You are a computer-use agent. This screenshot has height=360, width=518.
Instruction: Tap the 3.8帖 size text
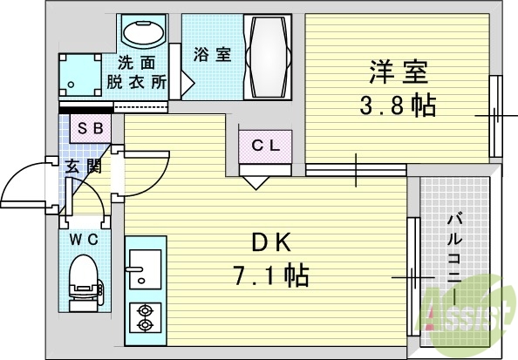point(398,106)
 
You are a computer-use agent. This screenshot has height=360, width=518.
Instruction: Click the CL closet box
point(266,146)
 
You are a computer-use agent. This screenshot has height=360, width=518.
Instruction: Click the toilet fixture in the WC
point(85,276)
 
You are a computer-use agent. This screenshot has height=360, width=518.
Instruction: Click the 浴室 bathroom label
point(212,54)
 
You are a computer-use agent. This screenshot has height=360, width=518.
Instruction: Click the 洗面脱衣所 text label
point(137,72)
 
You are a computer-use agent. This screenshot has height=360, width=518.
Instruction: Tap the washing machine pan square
point(81,77)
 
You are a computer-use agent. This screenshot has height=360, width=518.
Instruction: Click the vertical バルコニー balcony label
point(456,258)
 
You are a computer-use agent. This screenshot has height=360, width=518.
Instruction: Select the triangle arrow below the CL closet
point(255,181)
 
